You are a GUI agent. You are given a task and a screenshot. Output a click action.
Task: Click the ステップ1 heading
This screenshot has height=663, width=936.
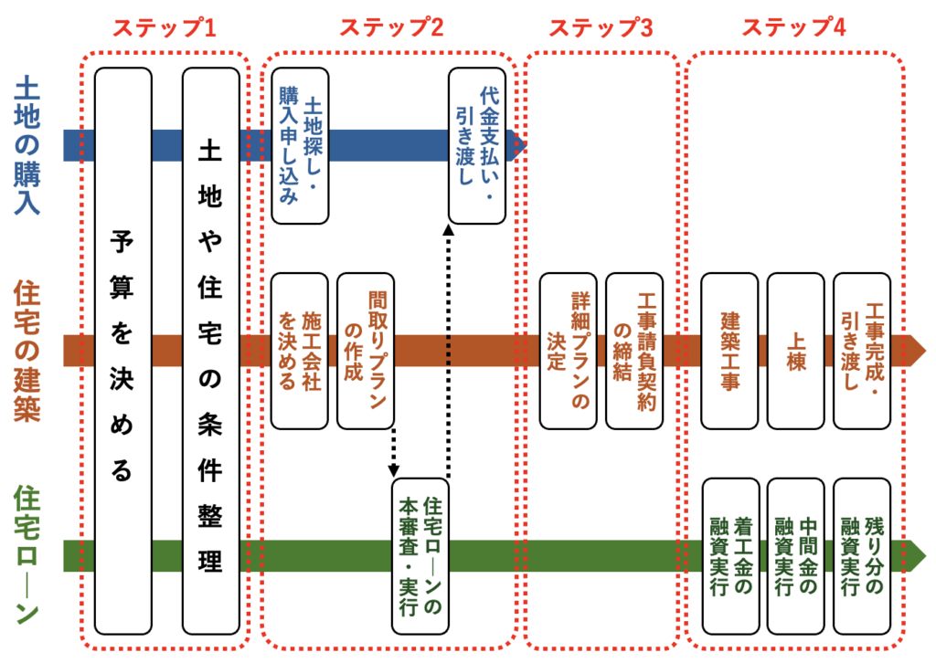(164, 27)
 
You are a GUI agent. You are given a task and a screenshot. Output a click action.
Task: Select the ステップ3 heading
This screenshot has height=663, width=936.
(601, 27)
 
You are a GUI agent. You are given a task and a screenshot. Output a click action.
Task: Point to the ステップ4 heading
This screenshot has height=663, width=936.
(793, 27)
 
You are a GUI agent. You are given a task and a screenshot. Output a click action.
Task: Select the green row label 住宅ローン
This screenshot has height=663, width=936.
(27, 554)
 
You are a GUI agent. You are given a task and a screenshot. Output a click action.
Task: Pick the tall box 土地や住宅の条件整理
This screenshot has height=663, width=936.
(210, 352)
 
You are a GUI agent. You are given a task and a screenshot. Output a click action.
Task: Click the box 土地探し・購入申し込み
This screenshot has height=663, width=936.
(300, 146)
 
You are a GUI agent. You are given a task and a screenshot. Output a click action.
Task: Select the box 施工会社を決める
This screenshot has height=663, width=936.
(300, 351)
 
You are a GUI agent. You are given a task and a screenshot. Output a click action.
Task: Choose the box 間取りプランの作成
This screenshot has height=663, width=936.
(366, 351)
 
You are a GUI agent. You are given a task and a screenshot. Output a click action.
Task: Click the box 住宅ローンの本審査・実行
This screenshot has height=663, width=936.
(420, 555)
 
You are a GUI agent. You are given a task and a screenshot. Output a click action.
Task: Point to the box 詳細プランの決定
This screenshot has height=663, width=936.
(568, 351)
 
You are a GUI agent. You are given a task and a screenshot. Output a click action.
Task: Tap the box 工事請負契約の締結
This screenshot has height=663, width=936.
(634, 351)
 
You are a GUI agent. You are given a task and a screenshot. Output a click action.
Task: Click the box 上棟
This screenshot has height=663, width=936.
(795, 351)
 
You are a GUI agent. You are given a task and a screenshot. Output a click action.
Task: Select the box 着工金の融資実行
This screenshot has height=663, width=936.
(729, 555)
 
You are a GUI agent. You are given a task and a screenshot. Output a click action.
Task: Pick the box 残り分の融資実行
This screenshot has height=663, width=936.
(862, 555)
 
